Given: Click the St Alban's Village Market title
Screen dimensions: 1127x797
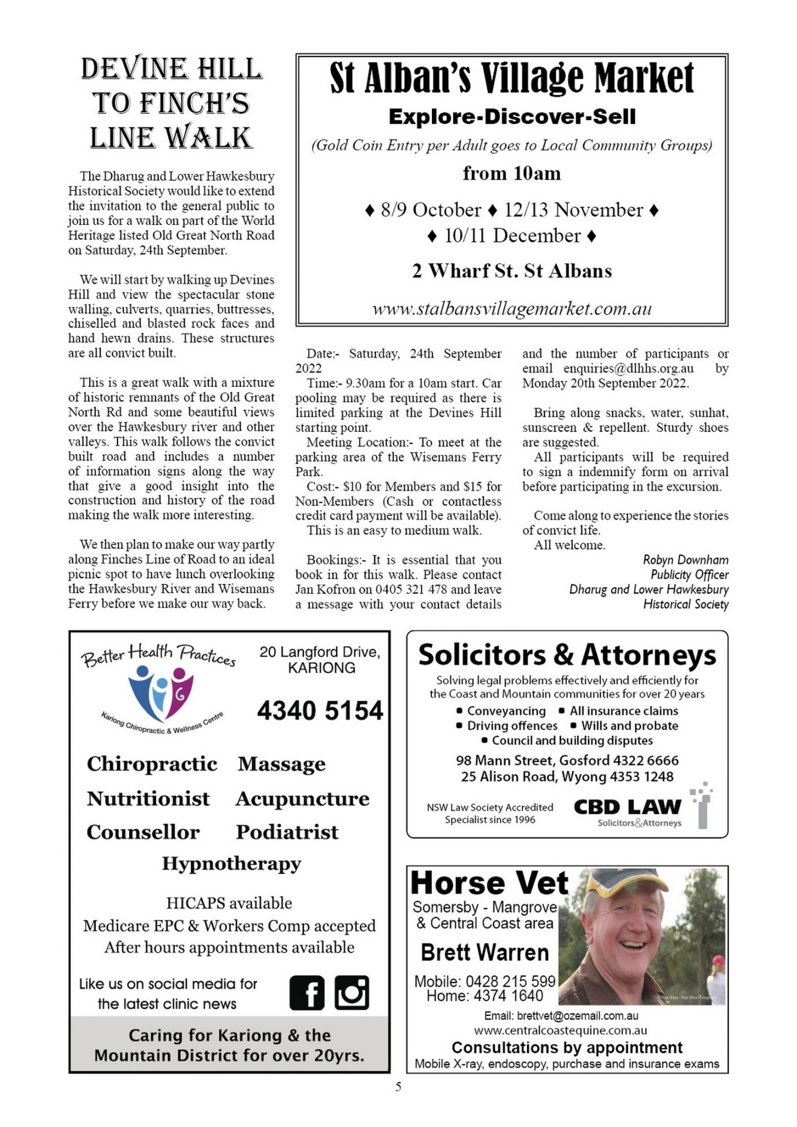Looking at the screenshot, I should (511, 78).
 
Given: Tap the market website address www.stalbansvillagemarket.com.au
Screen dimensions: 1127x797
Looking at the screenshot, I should (512, 309).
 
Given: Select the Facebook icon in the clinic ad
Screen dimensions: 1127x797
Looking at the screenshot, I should (306, 993).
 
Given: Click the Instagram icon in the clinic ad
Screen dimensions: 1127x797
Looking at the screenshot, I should (352, 993).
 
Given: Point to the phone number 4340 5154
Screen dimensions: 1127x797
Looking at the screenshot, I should (320, 710).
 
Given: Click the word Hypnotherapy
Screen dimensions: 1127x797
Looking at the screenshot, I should (231, 863).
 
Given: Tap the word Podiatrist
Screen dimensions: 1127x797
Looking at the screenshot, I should (287, 832).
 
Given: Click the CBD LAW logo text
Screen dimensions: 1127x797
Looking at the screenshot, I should (627, 807).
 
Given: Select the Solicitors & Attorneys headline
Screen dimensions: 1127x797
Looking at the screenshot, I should (567, 655).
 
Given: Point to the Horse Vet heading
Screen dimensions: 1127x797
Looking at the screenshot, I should (489, 883).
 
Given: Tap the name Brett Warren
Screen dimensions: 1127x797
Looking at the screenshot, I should (485, 952).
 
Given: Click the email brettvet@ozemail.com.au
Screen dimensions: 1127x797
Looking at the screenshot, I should (561, 1015).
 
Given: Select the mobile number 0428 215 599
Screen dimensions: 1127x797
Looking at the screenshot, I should (510, 981).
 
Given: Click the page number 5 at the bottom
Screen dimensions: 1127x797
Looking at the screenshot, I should (398, 1087).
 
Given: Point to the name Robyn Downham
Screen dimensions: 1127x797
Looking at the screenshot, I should (685, 560).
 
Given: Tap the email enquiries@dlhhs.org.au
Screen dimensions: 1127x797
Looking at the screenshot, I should (628, 369).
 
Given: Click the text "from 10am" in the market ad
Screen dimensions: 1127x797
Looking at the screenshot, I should (511, 174).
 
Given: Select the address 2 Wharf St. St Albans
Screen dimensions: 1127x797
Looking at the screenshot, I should (511, 271).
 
